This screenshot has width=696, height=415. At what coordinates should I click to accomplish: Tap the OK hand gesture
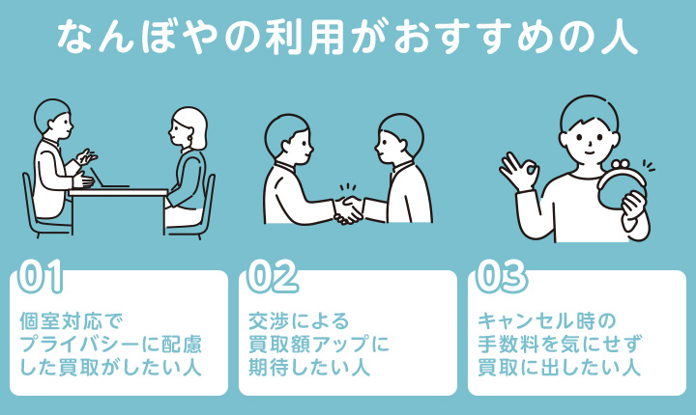(519, 172)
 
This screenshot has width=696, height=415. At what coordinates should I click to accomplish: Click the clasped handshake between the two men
(348, 208)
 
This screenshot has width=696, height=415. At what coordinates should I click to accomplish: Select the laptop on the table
(112, 184)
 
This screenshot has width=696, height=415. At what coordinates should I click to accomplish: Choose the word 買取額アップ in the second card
(309, 345)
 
